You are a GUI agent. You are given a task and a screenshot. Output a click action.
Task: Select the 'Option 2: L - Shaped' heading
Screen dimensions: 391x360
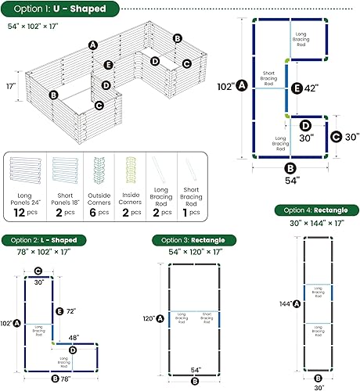[x=48, y=239]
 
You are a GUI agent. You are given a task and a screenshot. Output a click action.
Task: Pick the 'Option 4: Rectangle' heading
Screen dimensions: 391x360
[x=313, y=210]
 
